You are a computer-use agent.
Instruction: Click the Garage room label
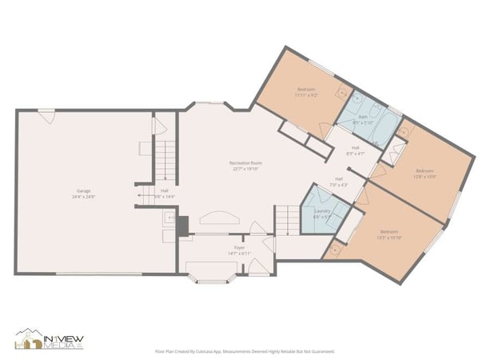(x=82, y=193)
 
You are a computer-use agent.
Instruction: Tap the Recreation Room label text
(x=247, y=166)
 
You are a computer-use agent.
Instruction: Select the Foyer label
(x=239, y=250)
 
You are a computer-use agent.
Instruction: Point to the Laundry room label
(x=322, y=214)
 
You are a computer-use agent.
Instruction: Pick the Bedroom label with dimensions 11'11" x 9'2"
(x=306, y=91)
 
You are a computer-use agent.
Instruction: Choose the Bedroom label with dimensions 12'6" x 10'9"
(x=424, y=173)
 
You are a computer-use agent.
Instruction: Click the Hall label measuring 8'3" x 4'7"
(x=355, y=150)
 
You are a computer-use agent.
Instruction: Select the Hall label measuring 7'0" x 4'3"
(x=339, y=181)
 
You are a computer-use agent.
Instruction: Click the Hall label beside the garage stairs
(x=164, y=193)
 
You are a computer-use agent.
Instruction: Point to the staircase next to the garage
(x=165, y=161)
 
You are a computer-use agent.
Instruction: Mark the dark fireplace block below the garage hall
(x=183, y=227)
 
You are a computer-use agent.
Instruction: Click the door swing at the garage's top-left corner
(x=47, y=117)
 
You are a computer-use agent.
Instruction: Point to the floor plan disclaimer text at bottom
(x=244, y=351)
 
